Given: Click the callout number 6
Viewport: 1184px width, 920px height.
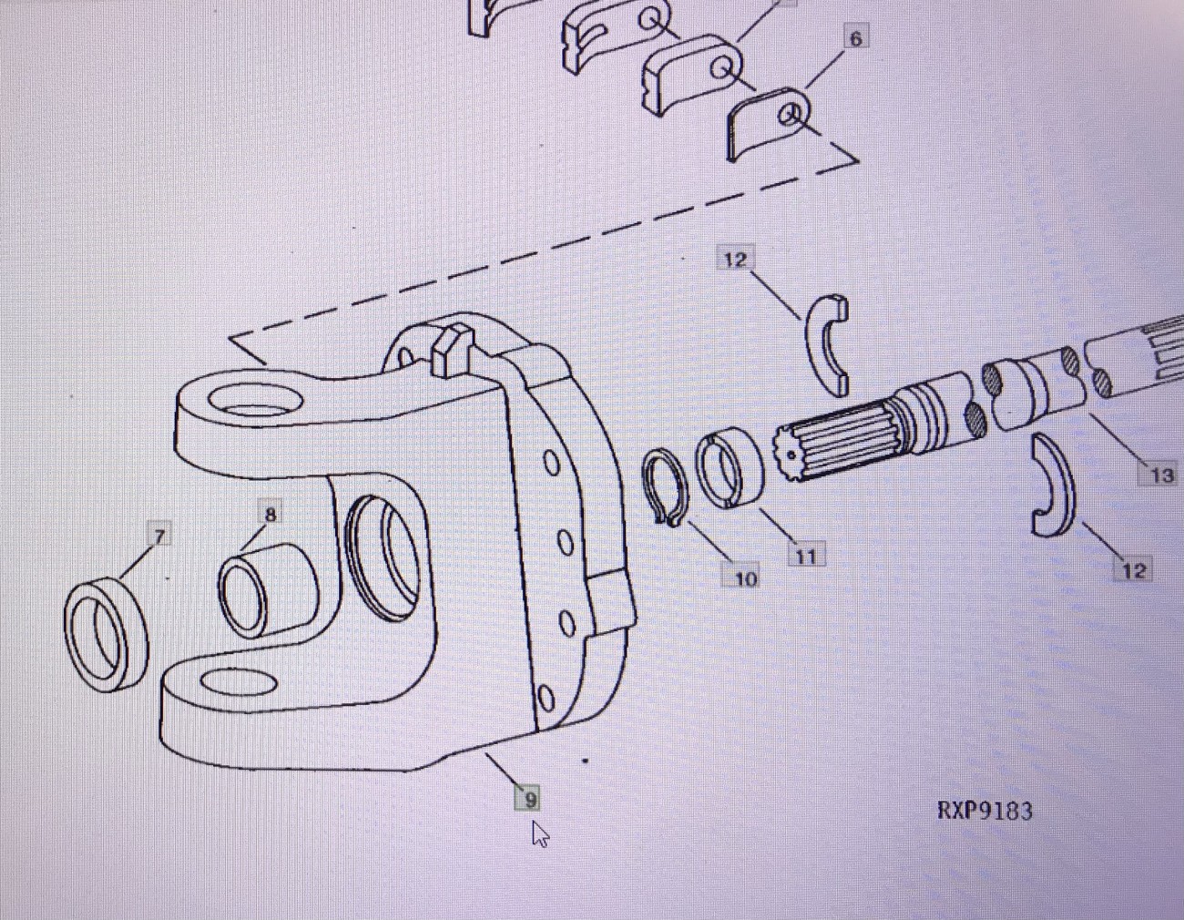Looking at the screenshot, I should tap(854, 39).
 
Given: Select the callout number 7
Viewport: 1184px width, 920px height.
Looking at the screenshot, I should tap(159, 536).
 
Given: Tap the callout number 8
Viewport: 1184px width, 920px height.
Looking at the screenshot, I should tap(270, 515).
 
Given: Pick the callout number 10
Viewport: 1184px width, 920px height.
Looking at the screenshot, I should tap(745, 578).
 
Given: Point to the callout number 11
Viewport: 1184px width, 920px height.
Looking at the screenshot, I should tap(806, 555).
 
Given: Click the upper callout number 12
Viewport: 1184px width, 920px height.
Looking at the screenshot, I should tap(734, 260).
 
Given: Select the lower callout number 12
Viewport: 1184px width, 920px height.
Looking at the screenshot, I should tap(1133, 570).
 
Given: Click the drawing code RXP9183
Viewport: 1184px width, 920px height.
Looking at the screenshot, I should tap(985, 811).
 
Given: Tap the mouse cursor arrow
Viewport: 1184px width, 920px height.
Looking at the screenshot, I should tap(540, 833).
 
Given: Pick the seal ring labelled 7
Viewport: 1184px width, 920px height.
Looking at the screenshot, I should tap(106, 633).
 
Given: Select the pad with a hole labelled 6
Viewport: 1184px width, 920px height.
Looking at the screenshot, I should tap(768, 123).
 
